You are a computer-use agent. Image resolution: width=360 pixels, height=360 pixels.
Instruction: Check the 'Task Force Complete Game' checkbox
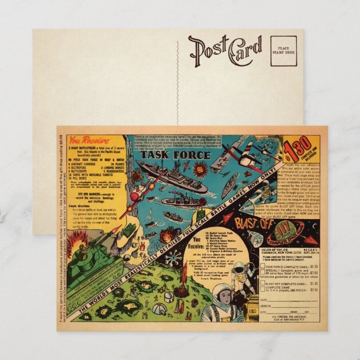[263, 267]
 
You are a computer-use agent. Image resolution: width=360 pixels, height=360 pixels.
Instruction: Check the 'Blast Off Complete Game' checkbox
[263, 283]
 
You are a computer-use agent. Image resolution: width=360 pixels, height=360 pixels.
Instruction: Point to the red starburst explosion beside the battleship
[200, 166]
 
